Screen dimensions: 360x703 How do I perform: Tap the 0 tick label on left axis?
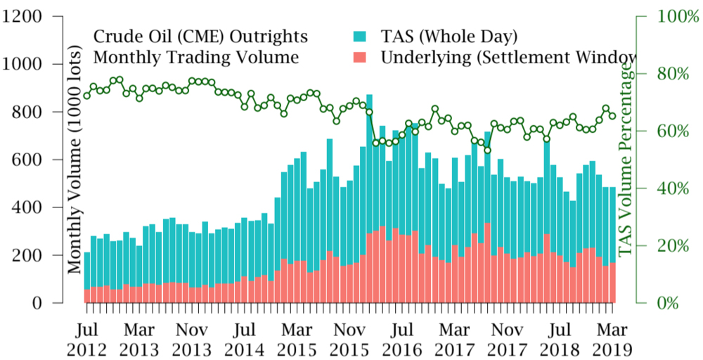click(52, 303)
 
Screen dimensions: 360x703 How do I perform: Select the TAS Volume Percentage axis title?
click(625, 160)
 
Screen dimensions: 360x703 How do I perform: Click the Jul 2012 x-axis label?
click(86, 339)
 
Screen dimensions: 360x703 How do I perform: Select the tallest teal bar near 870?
click(369, 162)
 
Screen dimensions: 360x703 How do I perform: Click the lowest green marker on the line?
click(487, 150)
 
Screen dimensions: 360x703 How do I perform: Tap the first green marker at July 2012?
click(86, 96)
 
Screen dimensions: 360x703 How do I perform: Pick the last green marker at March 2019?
click(612, 116)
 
